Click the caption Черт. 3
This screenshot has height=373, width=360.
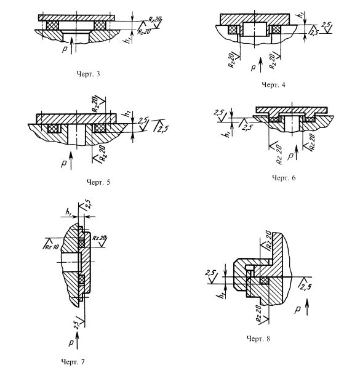tap(88, 74)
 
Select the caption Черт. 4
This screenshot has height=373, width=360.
tap(273, 85)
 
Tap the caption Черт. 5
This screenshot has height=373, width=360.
tap(98, 182)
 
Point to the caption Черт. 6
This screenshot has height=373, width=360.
tap(284, 178)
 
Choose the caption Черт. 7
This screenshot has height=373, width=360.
tap(73, 362)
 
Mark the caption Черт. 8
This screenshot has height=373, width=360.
tap(258, 339)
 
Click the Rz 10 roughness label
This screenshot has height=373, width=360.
tap(51, 246)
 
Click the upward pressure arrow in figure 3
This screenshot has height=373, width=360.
tap(71, 46)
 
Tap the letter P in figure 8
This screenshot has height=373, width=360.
tap(297, 310)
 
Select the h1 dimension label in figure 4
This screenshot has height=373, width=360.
tap(302, 15)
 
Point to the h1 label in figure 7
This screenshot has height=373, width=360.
tap(68, 211)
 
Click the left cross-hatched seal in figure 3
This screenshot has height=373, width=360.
tap(52, 25)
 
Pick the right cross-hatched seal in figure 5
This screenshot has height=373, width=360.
tap(100, 128)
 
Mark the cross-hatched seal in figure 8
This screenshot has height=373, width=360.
tap(265, 281)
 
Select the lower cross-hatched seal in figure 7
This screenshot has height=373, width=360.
tap(82, 280)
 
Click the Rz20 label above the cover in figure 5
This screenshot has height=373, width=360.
tap(95, 103)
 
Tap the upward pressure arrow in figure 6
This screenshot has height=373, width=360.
tap(296, 152)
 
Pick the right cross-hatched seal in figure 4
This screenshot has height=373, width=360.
tap(276, 30)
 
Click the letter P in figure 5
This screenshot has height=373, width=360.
tap(64, 164)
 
